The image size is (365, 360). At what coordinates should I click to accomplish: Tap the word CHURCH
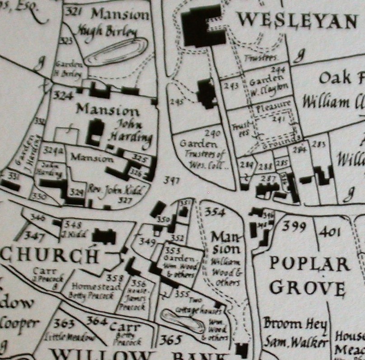tap(50, 255)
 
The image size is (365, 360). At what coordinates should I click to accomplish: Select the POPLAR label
tap(309, 263)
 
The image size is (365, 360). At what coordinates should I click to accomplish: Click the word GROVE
tap(310, 286)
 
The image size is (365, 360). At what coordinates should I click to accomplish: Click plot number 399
tap(294, 226)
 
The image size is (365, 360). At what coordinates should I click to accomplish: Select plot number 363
tap(63, 323)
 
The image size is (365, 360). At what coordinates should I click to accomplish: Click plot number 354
tap(215, 212)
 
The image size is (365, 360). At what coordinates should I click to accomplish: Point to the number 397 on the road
tap(172, 181)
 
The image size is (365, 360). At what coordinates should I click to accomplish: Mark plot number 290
tap(212, 134)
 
